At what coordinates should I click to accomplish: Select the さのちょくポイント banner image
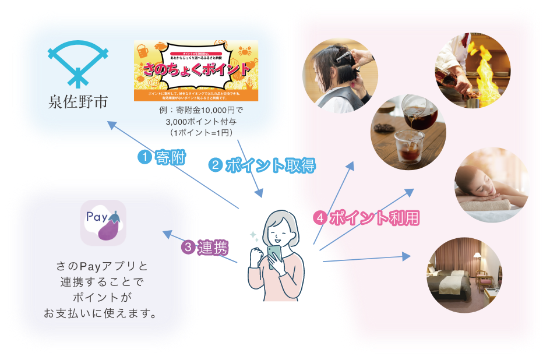pos(196,70)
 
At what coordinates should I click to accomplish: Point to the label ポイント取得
pos(270,165)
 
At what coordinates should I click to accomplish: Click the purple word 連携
pos(213,248)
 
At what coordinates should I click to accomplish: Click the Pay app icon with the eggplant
pos(103,223)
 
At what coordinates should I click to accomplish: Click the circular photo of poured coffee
pos(408,132)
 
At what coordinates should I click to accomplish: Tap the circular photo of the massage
pos(491,185)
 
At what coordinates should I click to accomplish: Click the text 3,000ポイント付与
pos(196,123)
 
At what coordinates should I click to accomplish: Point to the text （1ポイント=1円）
pos(196,133)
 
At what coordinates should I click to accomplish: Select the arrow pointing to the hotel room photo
pos(367,258)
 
